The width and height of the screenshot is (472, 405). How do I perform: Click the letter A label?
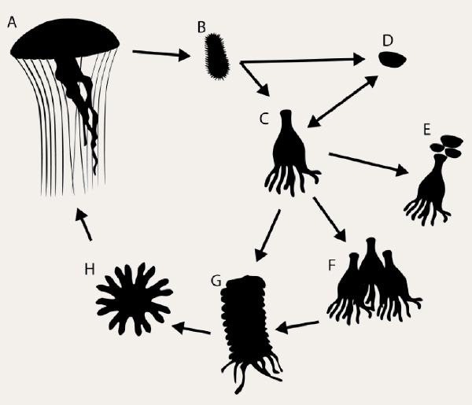[x=12, y=23]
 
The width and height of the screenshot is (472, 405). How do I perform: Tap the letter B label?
[x=201, y=28]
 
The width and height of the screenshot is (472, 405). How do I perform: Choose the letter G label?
[x=215, y=280]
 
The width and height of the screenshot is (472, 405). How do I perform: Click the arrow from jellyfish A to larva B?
[x=160, y=54]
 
